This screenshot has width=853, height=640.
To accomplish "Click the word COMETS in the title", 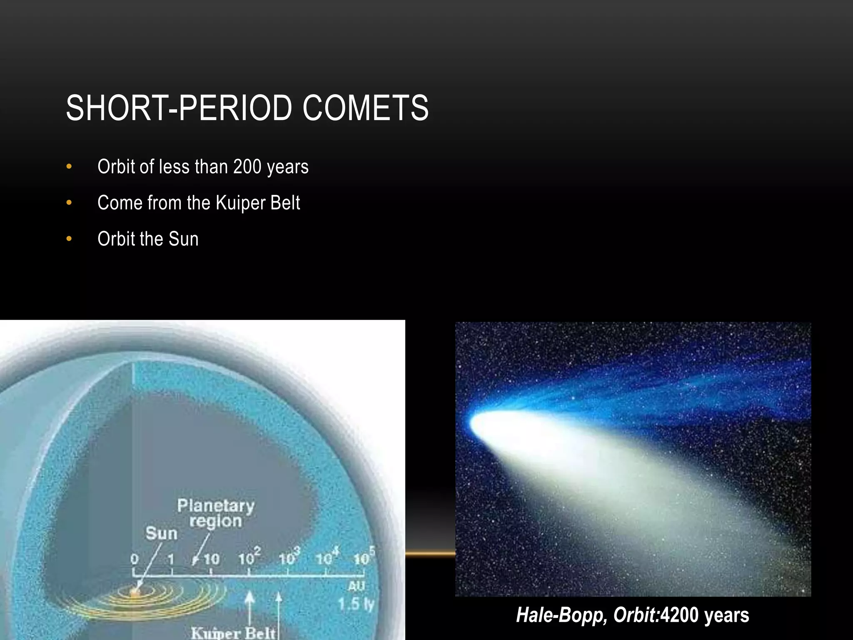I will (x=365, y=108).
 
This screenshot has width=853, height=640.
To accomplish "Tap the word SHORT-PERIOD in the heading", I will (x=178, y=108).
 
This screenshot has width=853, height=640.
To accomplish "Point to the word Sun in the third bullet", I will (x=183, y=239).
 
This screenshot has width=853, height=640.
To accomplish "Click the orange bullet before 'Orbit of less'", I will (x=69, y=167).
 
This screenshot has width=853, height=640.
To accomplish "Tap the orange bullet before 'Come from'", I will (x=69, y=203).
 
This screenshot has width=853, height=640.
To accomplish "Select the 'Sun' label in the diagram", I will (x=161, y=534).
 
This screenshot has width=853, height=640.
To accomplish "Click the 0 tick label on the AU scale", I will (x=134, y=559).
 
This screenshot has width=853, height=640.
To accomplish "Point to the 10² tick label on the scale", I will (x=249, y=557).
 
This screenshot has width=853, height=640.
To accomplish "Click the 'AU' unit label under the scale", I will (x=357, y=586).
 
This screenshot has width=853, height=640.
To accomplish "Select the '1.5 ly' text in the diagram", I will (x=356, y=604).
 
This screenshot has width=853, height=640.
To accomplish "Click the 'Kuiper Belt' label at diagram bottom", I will (x=233, y=633).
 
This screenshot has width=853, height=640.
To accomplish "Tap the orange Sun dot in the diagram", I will (x=135, y=592).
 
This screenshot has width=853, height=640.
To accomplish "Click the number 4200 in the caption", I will (x=679, y=615).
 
